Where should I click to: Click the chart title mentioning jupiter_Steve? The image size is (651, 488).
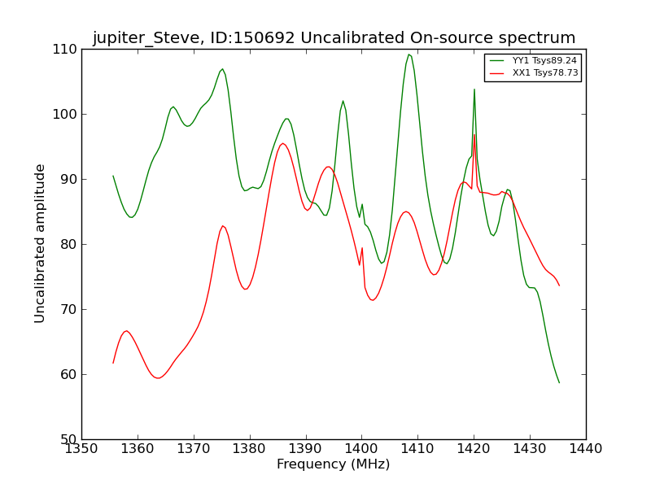click(x=334, y=38)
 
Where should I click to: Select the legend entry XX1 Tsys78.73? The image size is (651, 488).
click(x=544, y=72)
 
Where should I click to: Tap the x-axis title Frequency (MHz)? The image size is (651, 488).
click(x=334, y=464)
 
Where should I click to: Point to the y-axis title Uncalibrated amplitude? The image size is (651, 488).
click(x=41, y=243)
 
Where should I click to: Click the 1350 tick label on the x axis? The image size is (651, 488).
click(x=81, y=449)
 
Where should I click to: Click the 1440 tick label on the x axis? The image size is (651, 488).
click(x=585, y=449)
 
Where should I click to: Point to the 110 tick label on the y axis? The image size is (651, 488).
click(x=68, y=49)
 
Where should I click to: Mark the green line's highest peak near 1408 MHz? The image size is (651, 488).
click(x=409, y=54)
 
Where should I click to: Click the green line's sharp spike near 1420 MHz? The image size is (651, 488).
click(x=474, y=89)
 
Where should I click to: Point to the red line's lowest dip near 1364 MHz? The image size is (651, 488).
click(x=158, y=378)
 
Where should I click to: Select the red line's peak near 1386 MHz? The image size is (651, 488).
click(x=282, y=143)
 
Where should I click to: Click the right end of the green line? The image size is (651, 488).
click(x=559, y=382)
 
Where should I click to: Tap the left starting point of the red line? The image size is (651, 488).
click(x=113, y=363)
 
